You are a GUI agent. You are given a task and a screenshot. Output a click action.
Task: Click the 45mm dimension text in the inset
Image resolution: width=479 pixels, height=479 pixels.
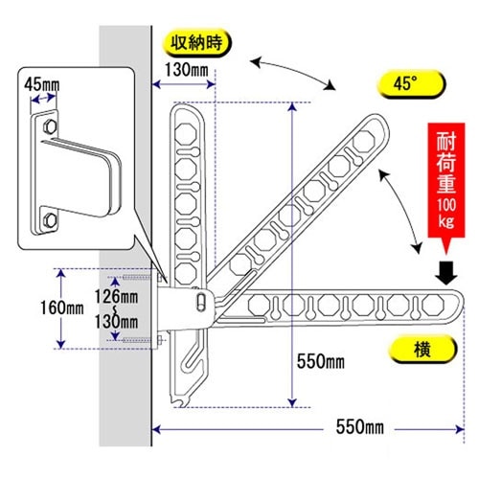pos(42,85)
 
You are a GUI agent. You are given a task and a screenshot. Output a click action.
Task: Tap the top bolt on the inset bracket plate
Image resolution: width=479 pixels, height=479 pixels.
pos(47,125)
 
